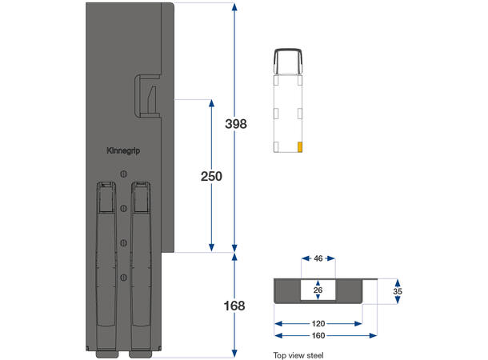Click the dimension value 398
235,124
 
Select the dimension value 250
211,176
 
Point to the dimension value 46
318,260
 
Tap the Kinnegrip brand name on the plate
122,150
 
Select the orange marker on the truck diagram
300,146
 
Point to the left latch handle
106,264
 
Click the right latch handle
141,264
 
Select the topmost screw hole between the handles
123,175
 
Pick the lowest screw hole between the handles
123,277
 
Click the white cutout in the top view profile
318,290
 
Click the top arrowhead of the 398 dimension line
234,7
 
